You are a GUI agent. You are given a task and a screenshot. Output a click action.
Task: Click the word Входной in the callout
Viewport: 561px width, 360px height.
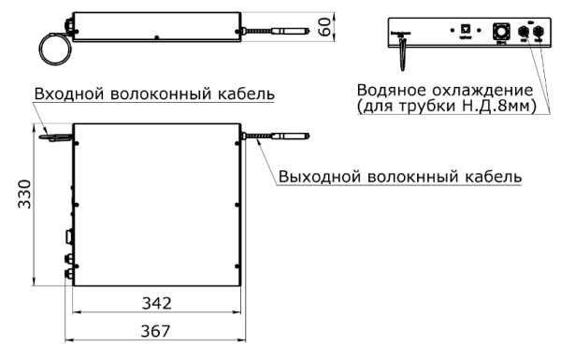point(66,94)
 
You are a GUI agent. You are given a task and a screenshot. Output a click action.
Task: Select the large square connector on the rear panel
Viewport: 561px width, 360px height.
point(500,32)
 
